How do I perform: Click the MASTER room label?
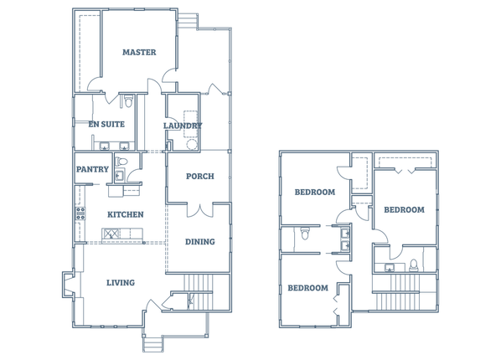[139, 52]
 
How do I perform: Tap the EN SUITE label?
[106, 124]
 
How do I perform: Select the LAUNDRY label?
[183, 126]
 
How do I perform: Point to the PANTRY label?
[92, 169]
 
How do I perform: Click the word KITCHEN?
[126, 214]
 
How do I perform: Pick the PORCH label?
[200, 177]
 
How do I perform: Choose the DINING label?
[200, 242]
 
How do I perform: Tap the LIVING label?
[121, 283]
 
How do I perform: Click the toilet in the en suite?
[128, 100]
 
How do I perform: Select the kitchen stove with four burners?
[80, 213]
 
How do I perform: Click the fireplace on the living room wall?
[69, 285]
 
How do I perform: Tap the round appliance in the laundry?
[191, 144]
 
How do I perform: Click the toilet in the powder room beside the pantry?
[121, 162]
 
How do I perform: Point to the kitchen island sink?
[111, 234]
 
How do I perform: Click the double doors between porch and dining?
[200, 210]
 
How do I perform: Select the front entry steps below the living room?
[153, 344]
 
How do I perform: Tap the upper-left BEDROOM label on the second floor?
[315, 193]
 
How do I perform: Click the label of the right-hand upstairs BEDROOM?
[404, 210]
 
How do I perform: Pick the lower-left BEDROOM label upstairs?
[308, 288]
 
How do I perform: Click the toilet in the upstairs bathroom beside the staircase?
[414, 265]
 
